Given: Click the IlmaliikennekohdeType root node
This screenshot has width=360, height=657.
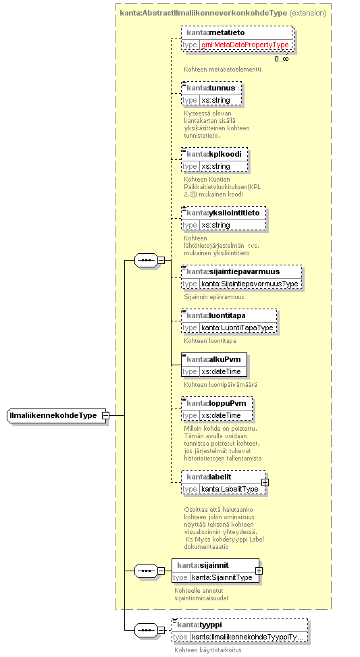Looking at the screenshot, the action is [x=57, y=416].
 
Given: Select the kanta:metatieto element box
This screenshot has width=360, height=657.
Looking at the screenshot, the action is [x=237, y=39].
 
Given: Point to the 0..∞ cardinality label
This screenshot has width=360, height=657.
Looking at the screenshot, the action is [x=282, y=59].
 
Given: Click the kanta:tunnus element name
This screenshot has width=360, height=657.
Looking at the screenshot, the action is [x=211, y=88].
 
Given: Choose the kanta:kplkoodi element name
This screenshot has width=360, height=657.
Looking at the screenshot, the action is [x=214, y=154].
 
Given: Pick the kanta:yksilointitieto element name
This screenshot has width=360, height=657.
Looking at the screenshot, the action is [x=224, y=213].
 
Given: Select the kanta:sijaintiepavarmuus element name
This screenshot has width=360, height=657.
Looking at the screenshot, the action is [x=233, y=271].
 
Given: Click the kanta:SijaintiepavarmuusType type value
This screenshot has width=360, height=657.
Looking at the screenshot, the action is [x=250, y=284].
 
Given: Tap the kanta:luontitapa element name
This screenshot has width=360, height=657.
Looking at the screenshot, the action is [x=216, y=315].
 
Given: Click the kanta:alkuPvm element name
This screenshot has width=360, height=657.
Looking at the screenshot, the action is [x=213, y=359].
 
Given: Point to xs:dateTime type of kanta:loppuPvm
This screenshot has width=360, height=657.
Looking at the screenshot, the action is [x=222, y=415].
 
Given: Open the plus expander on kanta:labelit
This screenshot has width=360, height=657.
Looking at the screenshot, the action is [x=265, y=482].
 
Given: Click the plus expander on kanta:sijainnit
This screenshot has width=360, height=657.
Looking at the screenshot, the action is [x=259, y=571].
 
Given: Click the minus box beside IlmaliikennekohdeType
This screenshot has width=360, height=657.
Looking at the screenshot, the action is [x=106, y=416].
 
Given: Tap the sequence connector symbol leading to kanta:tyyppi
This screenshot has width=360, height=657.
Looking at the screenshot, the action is [x=147, y=630].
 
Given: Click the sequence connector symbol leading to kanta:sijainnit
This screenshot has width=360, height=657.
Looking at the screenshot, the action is [x=147, y=571].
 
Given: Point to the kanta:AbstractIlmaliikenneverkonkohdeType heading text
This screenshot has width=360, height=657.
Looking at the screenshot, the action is [x=204, y=13].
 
